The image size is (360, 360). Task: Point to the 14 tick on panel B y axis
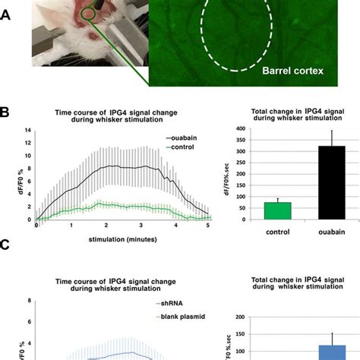point(29,131)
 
